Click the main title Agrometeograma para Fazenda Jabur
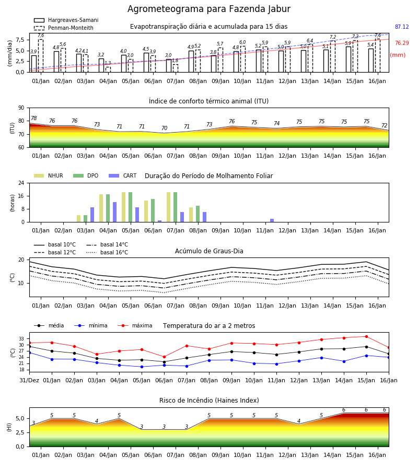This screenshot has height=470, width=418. click(208, 9)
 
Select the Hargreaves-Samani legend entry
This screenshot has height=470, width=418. click(66, 20)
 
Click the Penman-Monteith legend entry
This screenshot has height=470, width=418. click(64, 28)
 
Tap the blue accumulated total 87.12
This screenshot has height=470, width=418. click(402, 27)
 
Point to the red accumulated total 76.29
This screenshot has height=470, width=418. click(402, 43)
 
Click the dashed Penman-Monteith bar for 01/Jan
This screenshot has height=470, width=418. click(41, 56)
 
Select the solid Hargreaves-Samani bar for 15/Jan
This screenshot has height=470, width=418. click(349, 60)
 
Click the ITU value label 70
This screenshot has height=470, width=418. click(164, 128)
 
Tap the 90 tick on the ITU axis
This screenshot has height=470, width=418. click(21, 108)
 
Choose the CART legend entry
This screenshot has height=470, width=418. click(123, 175)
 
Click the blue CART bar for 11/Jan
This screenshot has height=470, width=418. click(272, 220)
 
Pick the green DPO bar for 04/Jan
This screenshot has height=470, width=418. click(108, 208)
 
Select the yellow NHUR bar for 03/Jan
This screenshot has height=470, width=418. click(78, 218)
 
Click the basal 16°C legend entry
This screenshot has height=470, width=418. click(107, 252)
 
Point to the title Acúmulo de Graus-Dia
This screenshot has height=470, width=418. click(209, 251)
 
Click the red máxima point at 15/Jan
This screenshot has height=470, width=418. click(366, 337)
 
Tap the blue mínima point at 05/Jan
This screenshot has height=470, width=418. click(142, 367)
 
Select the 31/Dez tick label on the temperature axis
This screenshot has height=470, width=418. click(29, 380)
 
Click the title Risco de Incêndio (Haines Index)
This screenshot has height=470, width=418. click(209, 401)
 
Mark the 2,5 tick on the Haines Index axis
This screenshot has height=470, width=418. click(20, 432)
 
